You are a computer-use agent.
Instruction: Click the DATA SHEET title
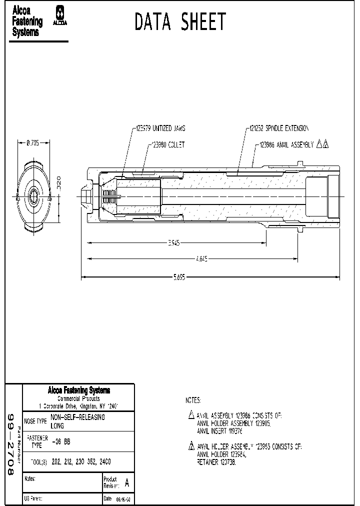[x=180, y=22]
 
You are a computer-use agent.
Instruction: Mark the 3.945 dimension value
[x=173, y=243]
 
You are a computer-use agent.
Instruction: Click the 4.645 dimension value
[x=202, y=259]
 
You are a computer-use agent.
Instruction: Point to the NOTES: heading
[x=193, y=400]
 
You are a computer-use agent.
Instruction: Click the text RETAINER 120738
[x=216, y=462]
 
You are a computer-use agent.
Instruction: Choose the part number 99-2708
[x=12, y=444]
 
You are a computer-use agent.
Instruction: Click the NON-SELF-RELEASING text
[x=78, y=417]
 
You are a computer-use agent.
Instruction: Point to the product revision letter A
[x=126, y=483]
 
